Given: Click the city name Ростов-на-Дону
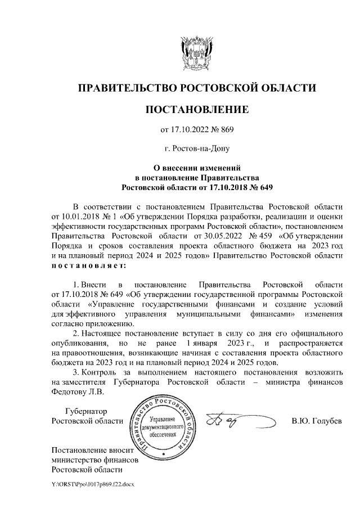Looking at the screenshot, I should [x=201, y=149].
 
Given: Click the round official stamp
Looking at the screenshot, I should [x=163, y=425].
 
